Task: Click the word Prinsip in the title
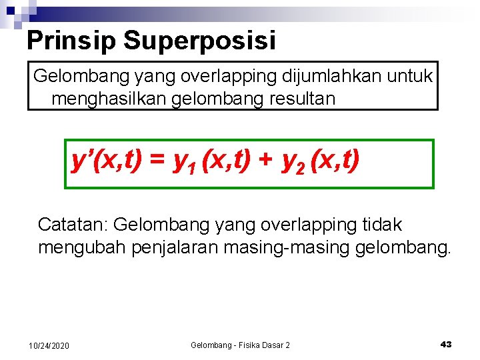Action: coord(71,41)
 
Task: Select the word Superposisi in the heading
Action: coord(199,41)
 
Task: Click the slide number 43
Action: coord(446,344)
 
